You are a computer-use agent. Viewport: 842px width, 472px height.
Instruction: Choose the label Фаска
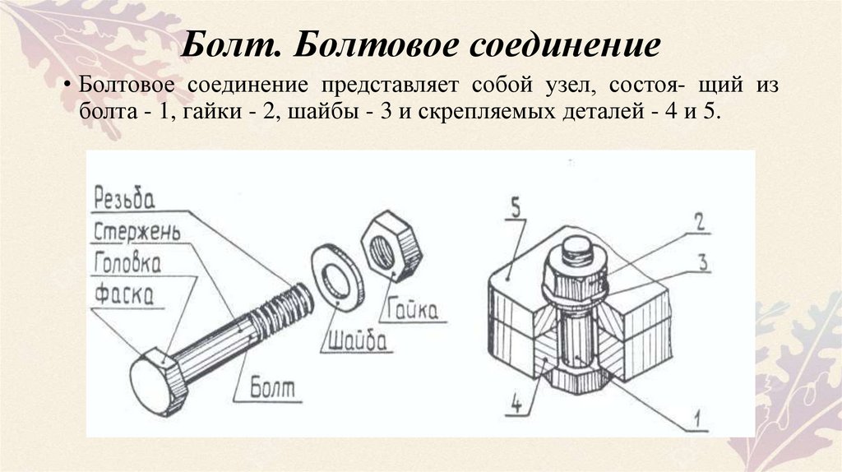[x=123, y=294]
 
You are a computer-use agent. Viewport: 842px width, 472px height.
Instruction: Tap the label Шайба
[x=356, y=337]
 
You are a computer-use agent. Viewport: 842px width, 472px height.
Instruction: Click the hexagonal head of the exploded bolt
[x=155, y=382]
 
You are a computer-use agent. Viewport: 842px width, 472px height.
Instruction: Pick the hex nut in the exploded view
[x=390, y=245]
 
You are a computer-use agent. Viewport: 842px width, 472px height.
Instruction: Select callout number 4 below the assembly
[x=515, y=405]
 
